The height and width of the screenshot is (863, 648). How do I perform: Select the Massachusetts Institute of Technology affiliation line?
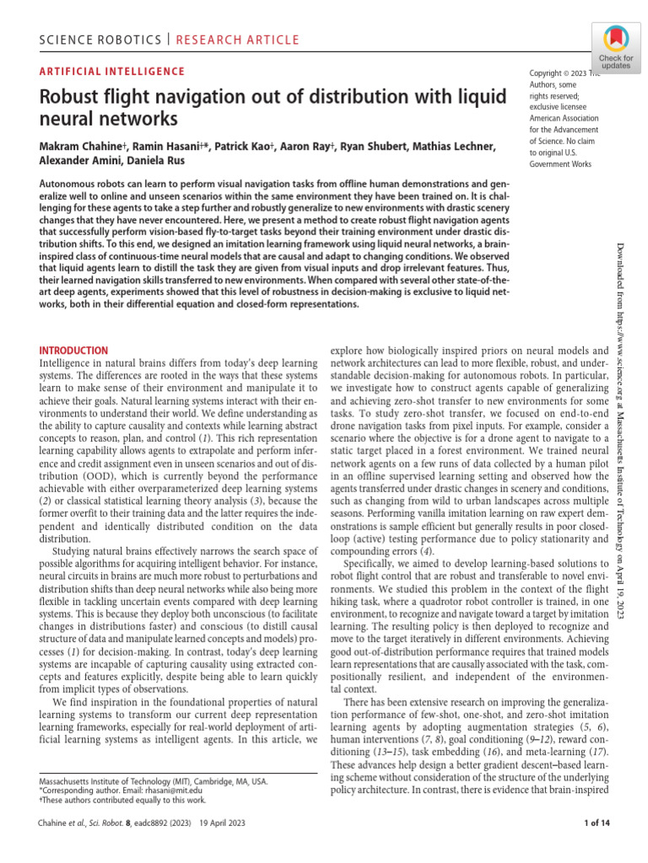[x=154, y=780]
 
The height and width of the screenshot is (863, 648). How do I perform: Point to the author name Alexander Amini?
[x=80, y=162]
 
